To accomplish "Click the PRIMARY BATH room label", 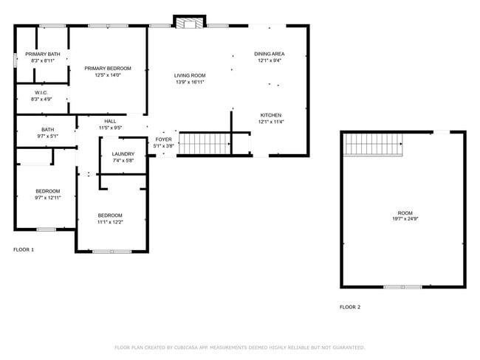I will [x=42, y=54].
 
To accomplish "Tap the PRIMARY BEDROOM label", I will [x=107, y=68].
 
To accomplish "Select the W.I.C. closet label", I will [x=41, y=92].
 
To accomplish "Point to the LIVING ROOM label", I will [x=190, y=75].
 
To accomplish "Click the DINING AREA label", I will [x=270, y=54].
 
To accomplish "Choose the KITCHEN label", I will [x=270, y=115].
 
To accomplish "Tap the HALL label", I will [x=110, y=121].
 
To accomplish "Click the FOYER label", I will [x=163, y=139].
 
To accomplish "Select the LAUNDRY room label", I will [x=123, y=153].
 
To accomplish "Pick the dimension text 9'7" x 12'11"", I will [x=47, y=198].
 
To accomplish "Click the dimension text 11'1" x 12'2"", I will [x=110, y=221].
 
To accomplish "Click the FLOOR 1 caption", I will [x=24, y=250].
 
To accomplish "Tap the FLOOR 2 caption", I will [x=350, y=307].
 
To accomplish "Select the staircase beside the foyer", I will [x=205, y=144].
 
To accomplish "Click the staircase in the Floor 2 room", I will [x=374, y=145].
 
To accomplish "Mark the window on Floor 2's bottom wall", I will [x=402, y=287].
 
